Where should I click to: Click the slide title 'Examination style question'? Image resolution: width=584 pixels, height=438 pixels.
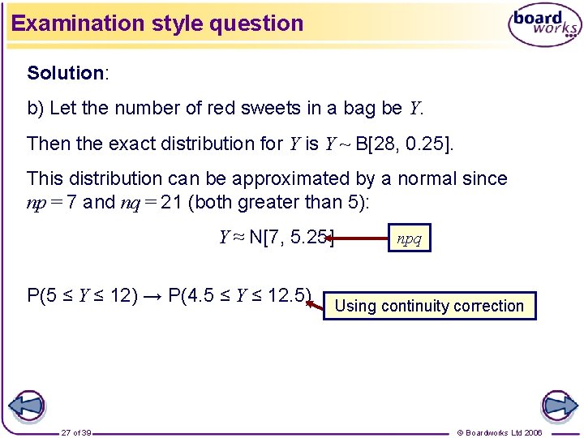click(157, 23)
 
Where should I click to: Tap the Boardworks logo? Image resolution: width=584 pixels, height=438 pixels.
click(544, 24)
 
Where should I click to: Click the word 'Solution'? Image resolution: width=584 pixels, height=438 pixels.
click(65, 73)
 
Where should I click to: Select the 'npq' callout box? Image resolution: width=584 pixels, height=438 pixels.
click(409, 238)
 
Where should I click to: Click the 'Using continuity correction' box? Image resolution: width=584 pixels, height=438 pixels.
click(429, 306)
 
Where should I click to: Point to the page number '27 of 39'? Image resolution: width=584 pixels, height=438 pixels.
click(76, 432)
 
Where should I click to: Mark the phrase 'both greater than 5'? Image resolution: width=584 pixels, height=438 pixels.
click(279, 202)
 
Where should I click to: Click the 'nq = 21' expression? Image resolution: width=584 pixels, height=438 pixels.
click(151, 202)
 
